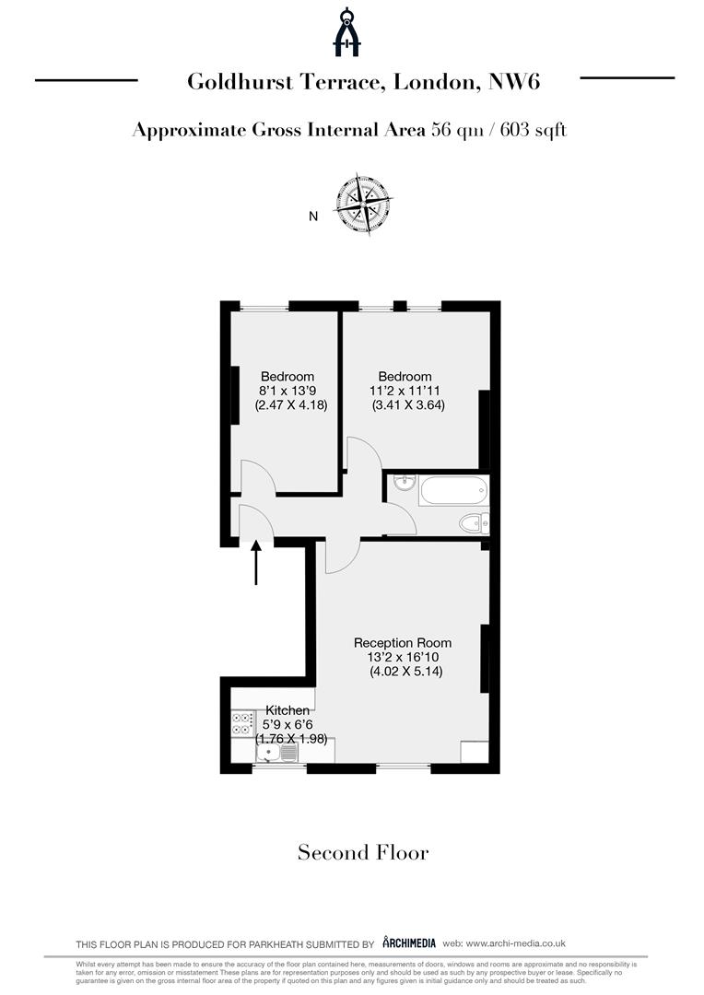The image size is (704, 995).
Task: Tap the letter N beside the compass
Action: coord(313,217)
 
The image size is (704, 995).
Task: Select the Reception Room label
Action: coord(403,643)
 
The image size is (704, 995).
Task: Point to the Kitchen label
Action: coord(287,710)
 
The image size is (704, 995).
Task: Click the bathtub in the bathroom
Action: coord(453,490)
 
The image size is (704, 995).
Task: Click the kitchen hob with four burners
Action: coord(241,724)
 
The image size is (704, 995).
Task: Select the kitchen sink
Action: coord(277,754)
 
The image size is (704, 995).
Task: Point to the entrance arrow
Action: coord(256,562)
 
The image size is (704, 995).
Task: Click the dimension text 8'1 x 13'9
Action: coord(287,391)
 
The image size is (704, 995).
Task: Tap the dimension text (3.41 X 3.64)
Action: coord(408,404)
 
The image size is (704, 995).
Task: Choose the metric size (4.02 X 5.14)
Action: coord(405,672)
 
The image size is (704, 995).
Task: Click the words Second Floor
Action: coord(363,852)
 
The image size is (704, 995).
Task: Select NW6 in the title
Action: coord(514,82)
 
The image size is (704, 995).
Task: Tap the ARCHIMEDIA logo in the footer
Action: coord(409,942)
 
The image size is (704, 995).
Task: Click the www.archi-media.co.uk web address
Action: coord(515,943)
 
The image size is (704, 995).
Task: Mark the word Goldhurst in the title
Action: coord(240,82)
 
